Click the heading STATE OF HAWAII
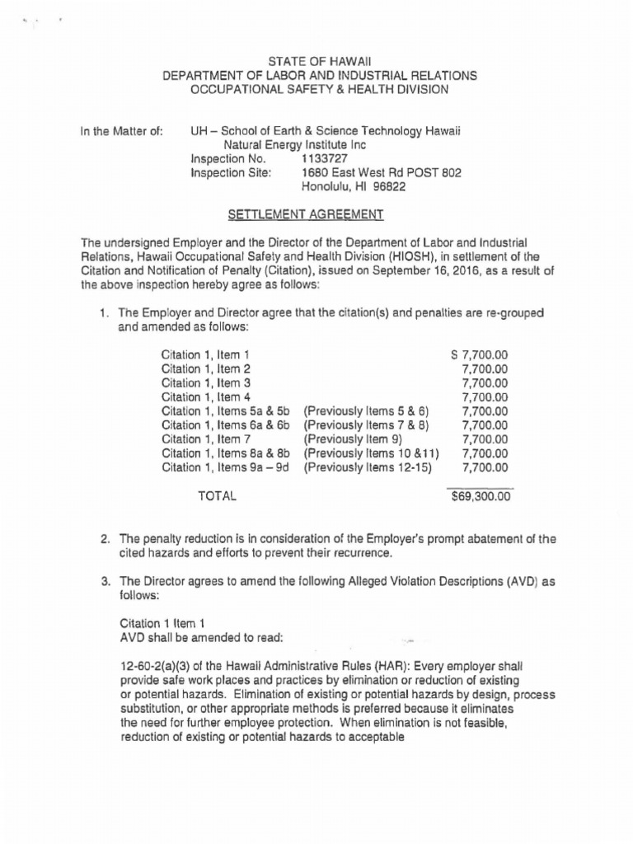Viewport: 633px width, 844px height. pyautogui.click(x=316, y=60)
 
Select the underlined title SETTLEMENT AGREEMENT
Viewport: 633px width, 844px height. pyautogui.click(x=305, y=214)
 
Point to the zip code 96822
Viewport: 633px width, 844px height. pyautogui.click(x=389, y=186)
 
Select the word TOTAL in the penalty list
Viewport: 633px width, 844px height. pyautogui.click(x=217, y=496)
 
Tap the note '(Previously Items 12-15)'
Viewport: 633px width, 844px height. pyautogui.click(x=372, y=467)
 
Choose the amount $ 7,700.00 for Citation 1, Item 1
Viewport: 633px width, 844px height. pyautogui.click(x=480, y=354)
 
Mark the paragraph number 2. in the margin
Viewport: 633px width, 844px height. pyautogui.click(x=105, y=539)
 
